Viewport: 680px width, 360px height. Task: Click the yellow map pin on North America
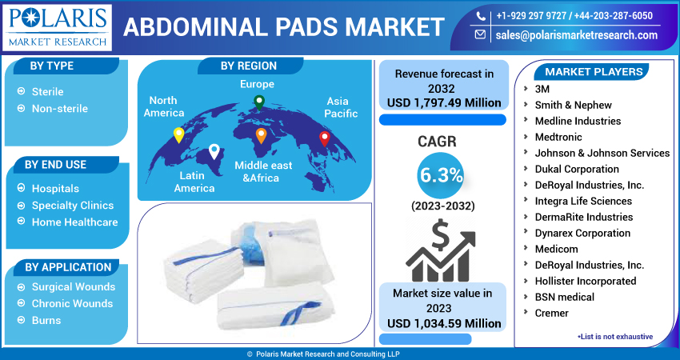pyautogui.click(x=178, y=135)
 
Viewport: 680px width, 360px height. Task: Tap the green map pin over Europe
pyautogui.click(x=259, y=102)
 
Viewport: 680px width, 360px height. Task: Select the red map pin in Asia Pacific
pyautogui.click(x=324, y=138)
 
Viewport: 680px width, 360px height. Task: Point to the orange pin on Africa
pyautogui.click(x=261, y=136)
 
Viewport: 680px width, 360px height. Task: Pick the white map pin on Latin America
pyautogui.click(x=214, y=151)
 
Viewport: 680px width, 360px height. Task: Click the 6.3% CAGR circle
pyautogui.click(x=441, y=176)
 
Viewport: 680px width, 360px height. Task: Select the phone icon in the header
pyautogui.click(x=481, y=16)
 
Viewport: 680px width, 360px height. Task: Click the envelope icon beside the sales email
pyautogui.click(x=480, y=34)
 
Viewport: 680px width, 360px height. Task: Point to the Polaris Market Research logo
pyautogui.click(x=57, y=28)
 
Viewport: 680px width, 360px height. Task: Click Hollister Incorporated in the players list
pyautogui.click(x=586, y=281)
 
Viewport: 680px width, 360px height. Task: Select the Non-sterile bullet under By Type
pyautogui.click(x=60, y=109)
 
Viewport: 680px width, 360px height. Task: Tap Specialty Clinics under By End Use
pyautogui.click(x=73, y=205)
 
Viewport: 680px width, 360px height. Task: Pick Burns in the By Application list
pyautogui.click(x=46, y=321)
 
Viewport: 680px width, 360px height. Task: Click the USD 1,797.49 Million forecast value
pyautogui.click(x=444, y=102)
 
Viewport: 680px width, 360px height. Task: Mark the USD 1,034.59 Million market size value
pyautogui.click(x=444, y=323)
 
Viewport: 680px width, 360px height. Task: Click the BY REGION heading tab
pyautogui.click(x=249, y=66)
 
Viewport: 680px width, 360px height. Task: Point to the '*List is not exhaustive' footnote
pyautogui.click(x=615, y=337)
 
